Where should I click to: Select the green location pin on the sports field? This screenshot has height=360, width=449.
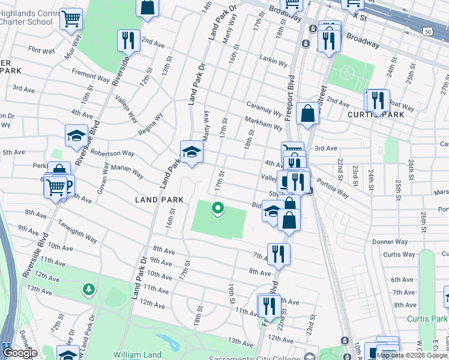[217, 208]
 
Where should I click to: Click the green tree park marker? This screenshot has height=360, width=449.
[89, 290]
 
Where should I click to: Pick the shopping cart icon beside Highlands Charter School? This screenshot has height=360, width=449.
[71, 19]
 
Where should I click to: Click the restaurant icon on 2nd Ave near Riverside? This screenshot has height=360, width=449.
[128, 41]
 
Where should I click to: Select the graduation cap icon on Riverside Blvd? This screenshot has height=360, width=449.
[76, 136]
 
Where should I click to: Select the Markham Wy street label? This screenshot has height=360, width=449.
[263, 124]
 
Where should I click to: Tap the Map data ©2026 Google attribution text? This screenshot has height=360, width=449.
[412, 355]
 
